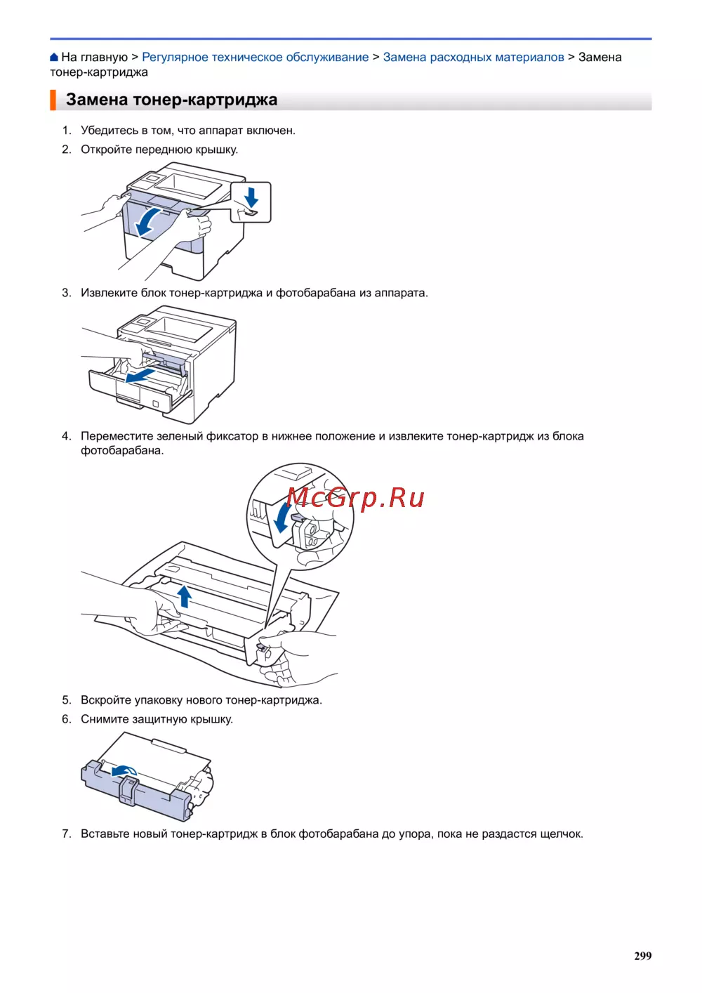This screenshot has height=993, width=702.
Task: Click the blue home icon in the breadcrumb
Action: [54, 57]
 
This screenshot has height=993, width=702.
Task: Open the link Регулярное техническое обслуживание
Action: [256, 57]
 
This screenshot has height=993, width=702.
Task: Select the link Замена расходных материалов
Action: [473, 57]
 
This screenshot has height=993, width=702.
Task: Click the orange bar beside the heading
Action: [53, 100]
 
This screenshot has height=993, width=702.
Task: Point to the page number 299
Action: [642, 956]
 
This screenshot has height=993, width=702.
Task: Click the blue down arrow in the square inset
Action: [251, 197]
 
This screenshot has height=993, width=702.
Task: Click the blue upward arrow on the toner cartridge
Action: [185, 596]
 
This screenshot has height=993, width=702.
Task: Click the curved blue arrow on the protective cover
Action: [124, 770]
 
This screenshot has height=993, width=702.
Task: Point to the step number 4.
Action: [67, 436]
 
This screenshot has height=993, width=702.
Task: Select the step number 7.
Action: [67, 834]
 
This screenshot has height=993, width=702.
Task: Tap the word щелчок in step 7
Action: [560, 834]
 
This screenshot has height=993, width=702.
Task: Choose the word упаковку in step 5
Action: [158, 700]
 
